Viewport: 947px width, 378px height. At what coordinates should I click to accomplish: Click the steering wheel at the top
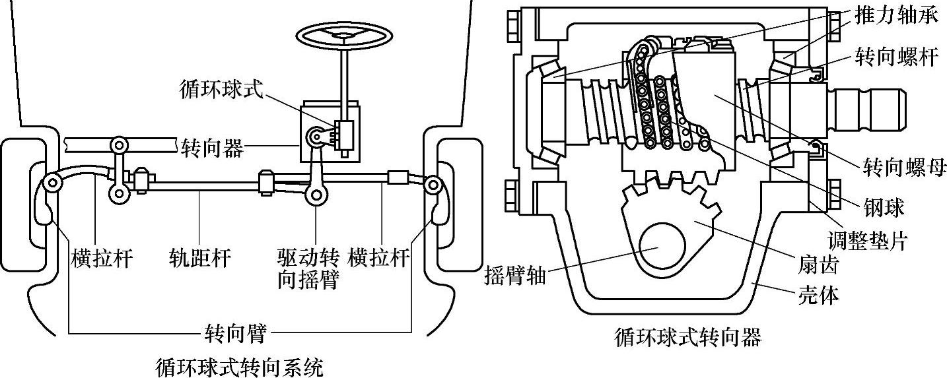pyautogui.click(x=344, y=36)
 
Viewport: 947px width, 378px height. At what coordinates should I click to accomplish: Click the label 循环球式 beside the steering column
pyautogui.click(x=221, y=90)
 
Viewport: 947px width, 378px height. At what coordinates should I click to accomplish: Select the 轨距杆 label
pyautogui.click(x=200, y=258)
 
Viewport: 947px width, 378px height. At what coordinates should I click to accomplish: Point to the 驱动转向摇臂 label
pyautogui.click(x=308, y=268)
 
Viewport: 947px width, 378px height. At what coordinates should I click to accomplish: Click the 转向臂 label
pyautogui.click(x=236, y=333)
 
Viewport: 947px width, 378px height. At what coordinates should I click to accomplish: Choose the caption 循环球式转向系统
pyautogui.click(x=239, y=367)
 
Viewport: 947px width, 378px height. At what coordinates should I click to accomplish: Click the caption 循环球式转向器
pyautogui.click(x=688, y=338)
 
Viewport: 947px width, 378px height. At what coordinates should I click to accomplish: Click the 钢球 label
pyautogui.click(x=883, y=208)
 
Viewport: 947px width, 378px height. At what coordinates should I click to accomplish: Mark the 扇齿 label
pyautogui.click(x=818, y=265)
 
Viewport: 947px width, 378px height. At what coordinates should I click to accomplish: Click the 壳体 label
pyautogui.click(x=818, y=296)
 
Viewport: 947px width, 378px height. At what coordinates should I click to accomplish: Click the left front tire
pyautogui.click(x=23, y=205)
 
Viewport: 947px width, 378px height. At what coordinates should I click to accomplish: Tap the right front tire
pyautogui.click(x=459, y=205)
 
